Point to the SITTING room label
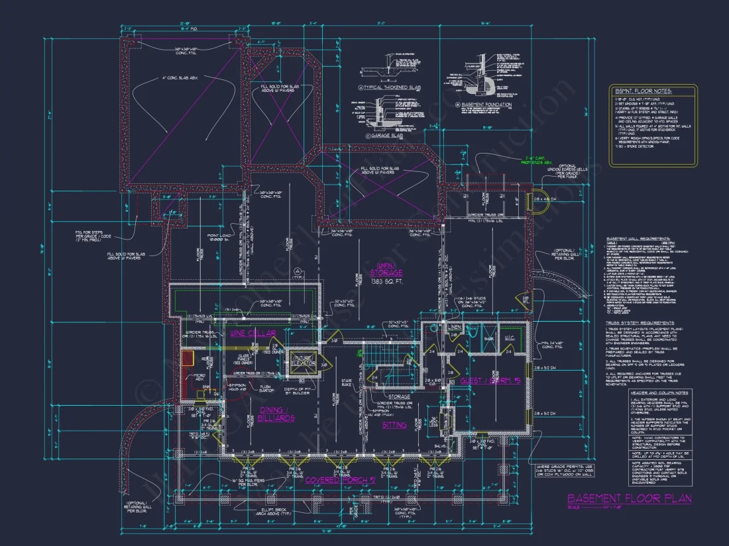pyautogui.click(x=394, y=425)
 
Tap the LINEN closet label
pyautogui.click(x=455, y=328)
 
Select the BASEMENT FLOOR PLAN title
pyautogui.click(x=629, y=498)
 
